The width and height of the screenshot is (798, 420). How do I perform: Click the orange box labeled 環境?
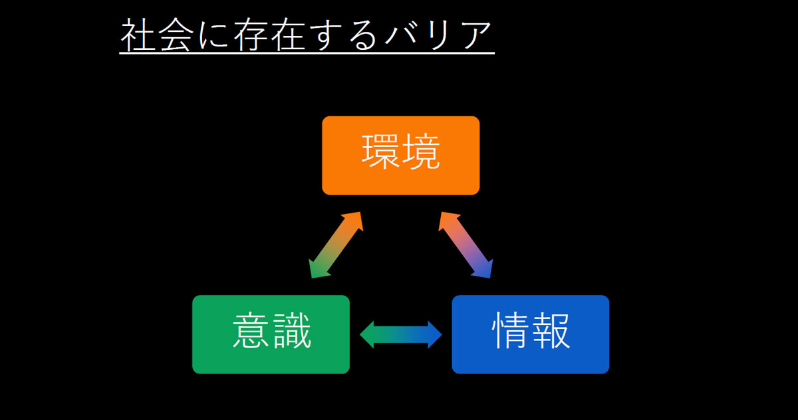point(400,156)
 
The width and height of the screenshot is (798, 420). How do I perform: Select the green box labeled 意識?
point(271,334)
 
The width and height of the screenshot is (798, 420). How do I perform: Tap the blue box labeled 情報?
point(530,334)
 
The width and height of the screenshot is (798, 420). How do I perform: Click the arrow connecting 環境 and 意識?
point(336,245)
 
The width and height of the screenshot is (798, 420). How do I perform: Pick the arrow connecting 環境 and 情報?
point(465,245)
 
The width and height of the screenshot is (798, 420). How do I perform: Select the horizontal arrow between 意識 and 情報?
point(401,334)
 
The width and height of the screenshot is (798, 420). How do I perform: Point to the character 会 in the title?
point(176,35)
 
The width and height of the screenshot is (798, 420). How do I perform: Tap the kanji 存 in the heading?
point(251,35)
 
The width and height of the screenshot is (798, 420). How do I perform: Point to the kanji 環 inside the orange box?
point(381,154)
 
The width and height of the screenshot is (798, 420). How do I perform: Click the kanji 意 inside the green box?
point(251,332)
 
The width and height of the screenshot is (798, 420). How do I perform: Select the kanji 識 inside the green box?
point(291,332)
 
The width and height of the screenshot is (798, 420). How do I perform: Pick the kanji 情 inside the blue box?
point(511,332)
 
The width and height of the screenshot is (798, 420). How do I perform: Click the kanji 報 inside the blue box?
point(550,332)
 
